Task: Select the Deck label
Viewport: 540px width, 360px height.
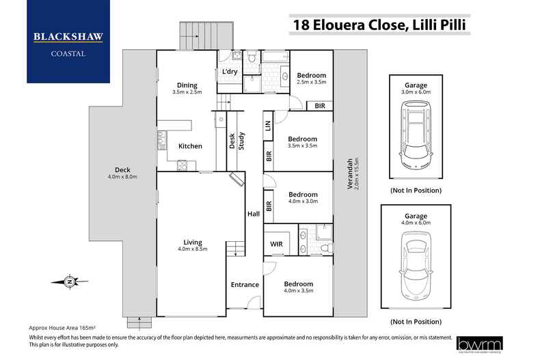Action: pos(122,170)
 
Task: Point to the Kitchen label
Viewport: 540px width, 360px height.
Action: pos(190,146)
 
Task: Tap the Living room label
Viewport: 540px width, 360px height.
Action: pos(192,243)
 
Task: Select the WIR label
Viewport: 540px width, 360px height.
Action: pos(277,245)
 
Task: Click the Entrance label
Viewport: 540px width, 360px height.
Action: pos(245,285)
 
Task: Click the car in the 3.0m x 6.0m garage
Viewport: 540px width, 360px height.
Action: pos(416,134)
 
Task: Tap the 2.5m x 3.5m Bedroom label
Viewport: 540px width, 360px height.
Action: pos(311,75)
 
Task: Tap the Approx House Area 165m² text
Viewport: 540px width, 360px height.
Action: pos(62,329)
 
